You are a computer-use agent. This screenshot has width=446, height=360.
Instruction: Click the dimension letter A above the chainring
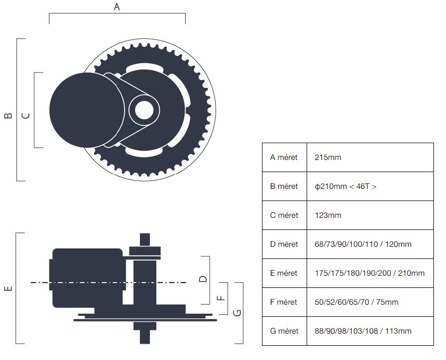click(117, 7)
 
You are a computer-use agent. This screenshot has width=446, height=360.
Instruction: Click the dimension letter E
click(7, 288)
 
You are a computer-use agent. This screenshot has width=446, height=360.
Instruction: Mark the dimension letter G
click(237, 313)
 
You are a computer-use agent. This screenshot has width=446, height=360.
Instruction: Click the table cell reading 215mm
click(328, 157)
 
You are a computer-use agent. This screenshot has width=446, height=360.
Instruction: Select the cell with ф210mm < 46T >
click(345, 186)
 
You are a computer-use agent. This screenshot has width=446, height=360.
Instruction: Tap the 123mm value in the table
click(328, 215)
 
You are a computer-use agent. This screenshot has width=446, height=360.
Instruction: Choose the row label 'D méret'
click(284, 244)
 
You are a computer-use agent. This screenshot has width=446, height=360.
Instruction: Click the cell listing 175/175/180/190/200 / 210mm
click(369, 273)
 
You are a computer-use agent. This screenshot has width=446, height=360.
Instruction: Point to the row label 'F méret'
click(284, 302)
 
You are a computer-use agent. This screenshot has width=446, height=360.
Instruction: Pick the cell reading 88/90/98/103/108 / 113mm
click(363, 331)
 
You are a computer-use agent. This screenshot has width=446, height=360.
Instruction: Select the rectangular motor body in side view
click(87, 277)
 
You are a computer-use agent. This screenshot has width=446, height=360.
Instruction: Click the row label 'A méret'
click(284, 157)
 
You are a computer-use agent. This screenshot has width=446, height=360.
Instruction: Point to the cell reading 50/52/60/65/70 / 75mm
click(356, 302)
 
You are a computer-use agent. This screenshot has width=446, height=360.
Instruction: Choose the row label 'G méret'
click(284, 331)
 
